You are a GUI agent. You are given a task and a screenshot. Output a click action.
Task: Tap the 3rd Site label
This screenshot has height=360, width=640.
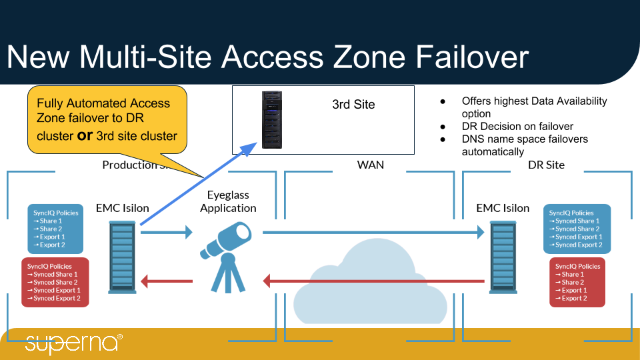pyautogui.click(x=353, y=105)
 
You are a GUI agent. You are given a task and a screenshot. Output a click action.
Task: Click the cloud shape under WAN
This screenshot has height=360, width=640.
pyautogui.click(x=371, y=283)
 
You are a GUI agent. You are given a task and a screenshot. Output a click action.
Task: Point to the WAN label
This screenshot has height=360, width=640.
pyautogui.click(x=371, y=165)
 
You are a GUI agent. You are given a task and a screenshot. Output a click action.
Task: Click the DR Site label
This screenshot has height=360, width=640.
pyautogui.click(x=546, y=165)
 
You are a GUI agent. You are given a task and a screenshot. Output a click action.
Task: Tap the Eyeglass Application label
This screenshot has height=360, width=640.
pyautogui.click(x=228, y=201)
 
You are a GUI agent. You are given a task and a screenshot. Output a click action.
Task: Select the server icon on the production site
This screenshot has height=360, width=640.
pyautogui.click(x=123, y=257)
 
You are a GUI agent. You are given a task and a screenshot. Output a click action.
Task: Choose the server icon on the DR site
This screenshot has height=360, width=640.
pyautogui.click(x=503, y=257)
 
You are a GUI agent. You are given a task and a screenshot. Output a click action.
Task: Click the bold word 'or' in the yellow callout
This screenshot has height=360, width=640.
pyautogui.click(x=85, y=135)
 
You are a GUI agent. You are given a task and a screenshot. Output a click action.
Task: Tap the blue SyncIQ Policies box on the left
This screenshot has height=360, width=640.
pyautogui.click(x=56, y=229)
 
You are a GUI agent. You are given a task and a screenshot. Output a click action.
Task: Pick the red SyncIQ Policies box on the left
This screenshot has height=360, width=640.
pyautogui.click(x=55, y=282)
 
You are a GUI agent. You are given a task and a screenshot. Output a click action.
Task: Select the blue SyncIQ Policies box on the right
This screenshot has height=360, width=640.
pyautogui.click(x=577, y=229)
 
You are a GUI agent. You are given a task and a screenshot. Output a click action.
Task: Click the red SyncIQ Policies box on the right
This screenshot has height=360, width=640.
pyautogui.click(x=577, y=282)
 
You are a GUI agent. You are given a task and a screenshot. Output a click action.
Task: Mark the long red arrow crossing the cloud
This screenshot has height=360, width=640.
pyautogui.click(x=373, y=281)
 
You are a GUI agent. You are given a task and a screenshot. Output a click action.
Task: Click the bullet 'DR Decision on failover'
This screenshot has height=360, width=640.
pyautogui.click(x=517, y=127)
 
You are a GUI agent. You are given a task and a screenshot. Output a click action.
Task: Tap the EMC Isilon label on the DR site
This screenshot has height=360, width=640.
pyautogui.click(x=503, y=208)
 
